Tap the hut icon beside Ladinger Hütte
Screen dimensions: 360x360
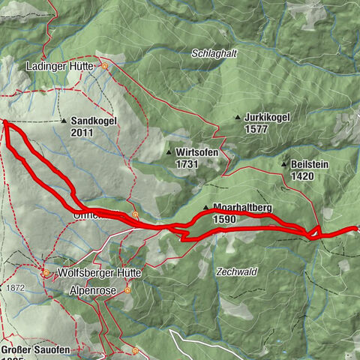[106, 66]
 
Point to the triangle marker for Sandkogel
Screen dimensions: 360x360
[64, 120]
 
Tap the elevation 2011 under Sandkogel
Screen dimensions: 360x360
[84, 132]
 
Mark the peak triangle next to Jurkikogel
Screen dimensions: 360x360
[237, 117]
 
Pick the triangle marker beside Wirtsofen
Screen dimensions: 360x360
[169, 151]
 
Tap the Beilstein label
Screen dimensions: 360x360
[313, 164]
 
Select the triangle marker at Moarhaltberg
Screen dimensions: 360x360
[205, 207]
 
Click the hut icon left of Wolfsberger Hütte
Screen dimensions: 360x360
[46, 273]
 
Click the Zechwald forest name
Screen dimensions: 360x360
[233, 271]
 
